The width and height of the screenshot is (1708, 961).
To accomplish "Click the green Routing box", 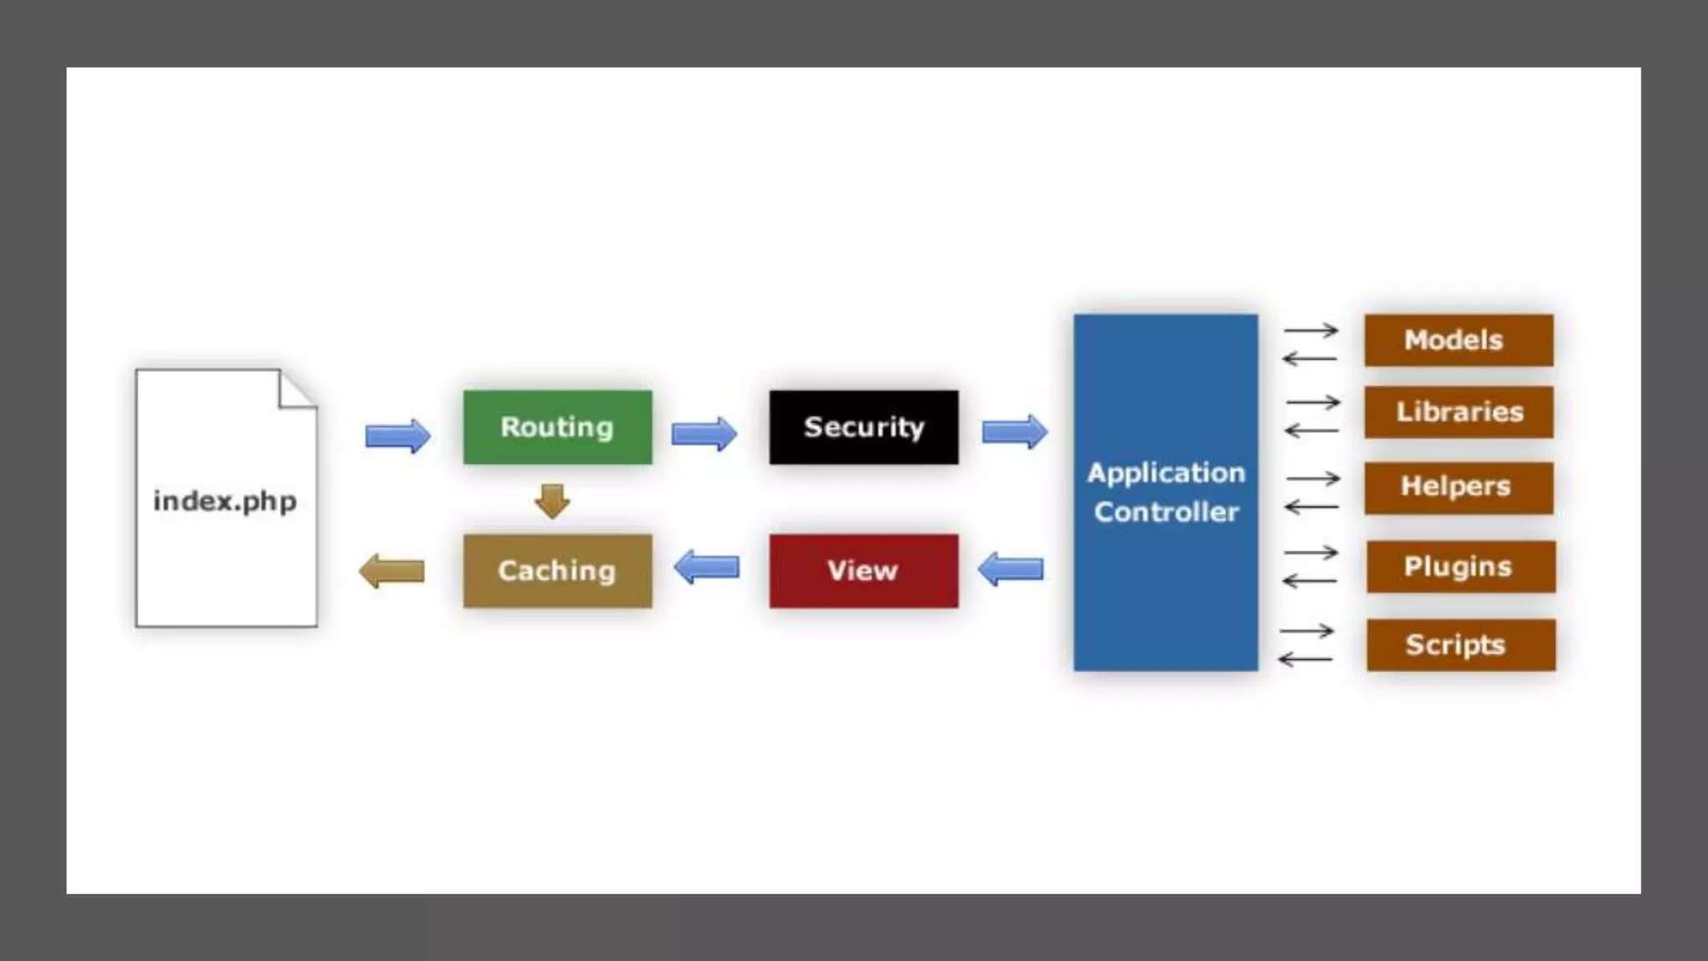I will coord(557,427).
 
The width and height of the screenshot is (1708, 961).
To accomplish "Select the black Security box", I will coord(863,427).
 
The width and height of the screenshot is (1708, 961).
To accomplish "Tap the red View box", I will coord(863,571).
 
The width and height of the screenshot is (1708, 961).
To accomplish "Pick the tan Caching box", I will coord(557,571).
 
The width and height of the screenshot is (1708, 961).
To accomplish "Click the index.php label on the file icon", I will coord(225,501).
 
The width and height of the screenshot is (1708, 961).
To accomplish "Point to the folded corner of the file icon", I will coord(296,390).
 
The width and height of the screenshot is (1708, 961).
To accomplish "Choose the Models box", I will coord(1458,340).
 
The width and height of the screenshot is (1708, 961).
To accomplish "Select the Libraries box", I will coord(1458,412).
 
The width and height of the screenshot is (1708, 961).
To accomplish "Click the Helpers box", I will coord(1458,487).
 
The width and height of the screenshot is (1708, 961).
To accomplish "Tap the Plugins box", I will coord(1459,566).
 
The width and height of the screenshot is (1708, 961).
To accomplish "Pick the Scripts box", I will coord(1459,645).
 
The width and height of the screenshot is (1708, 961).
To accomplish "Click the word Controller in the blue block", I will coord(1166,511).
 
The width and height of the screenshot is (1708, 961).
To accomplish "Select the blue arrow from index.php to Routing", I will coord(398,435).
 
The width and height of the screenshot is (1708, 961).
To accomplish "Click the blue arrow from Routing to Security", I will coord(704,434).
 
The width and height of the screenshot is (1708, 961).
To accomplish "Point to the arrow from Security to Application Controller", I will coord(1014,432).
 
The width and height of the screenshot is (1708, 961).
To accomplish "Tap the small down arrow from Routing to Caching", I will coord(552,501).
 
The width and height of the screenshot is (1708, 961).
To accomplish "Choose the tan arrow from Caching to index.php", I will coord(392,571).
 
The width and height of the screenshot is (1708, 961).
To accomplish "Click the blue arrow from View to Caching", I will coord(706,567).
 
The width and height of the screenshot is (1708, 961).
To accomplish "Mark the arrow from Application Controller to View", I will coord(1010,569).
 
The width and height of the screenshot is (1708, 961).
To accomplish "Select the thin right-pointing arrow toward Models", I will coord(1311,330).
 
